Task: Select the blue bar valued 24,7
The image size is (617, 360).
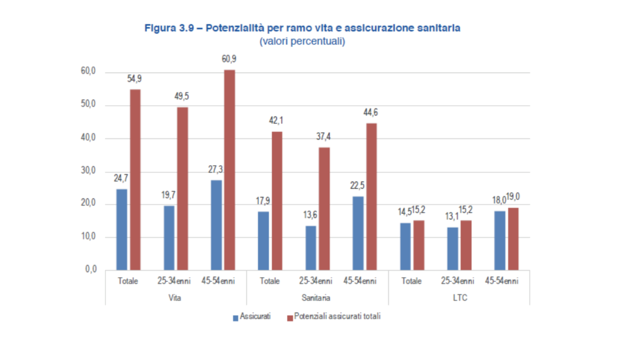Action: pos(122,229)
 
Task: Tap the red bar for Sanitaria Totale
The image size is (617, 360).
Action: pos(277,200)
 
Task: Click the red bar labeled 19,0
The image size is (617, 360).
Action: pos(513,239)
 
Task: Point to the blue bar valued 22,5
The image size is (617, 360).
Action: pos(358,233)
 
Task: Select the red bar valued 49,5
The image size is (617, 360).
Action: pos(182,188)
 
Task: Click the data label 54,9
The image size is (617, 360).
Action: pos(135,79)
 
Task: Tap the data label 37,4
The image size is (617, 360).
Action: pos(323,137)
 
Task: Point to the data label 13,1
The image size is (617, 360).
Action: pos(452,217)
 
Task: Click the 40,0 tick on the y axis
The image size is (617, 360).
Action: pos(88,137)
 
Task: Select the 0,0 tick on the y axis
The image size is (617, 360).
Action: pos(91,269)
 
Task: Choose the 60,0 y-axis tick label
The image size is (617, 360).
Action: pos(88,71)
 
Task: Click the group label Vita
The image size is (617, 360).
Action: pos(175,298)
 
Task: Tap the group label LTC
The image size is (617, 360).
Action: pos(460,298)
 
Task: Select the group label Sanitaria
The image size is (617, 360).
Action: pos(316,298)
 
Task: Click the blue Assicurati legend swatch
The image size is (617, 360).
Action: pos(235,318)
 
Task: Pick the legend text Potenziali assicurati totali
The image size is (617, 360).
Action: pos(337,316)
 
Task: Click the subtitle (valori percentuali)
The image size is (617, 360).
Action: pos(302,41)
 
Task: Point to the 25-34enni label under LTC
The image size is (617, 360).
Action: pos(458,281)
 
